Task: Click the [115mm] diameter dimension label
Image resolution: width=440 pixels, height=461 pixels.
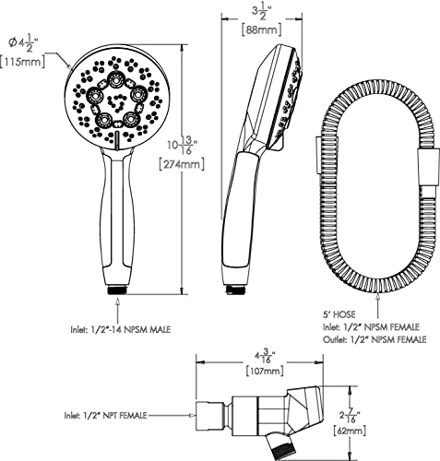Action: (x=22, y=63)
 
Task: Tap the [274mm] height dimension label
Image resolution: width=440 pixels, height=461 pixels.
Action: (x=182, y=164)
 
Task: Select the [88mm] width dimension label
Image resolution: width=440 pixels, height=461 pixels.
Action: (x=261, y=30)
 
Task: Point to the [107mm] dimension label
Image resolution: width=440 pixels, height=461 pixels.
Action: (x=265, y=371)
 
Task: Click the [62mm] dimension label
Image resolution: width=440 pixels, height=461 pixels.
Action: (x=350, y=431)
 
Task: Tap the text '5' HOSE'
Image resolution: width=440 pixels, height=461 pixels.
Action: (x=339, y=314)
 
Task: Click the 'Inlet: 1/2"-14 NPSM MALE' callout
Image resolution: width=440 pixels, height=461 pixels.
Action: (x=121, y=330)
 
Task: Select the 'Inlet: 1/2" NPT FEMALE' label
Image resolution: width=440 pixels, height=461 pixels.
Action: (x=105, y=416)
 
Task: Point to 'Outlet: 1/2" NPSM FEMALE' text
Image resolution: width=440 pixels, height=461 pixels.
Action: (x=375, y=339)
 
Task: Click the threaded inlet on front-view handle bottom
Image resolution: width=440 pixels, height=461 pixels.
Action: (x=117, y=290)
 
